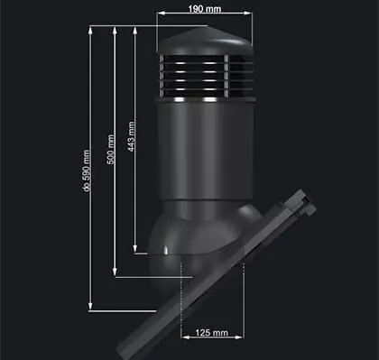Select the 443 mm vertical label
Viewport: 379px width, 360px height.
132,137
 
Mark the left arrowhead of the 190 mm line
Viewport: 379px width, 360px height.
159,14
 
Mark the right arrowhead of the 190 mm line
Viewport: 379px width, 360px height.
250,14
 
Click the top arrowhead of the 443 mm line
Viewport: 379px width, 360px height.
134,28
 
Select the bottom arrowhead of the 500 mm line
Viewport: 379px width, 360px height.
115,277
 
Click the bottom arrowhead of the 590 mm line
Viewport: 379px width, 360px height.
90,309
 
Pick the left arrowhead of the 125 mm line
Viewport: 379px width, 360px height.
183,338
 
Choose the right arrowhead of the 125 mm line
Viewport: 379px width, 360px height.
245,338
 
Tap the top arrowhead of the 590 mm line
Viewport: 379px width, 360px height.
90,28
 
